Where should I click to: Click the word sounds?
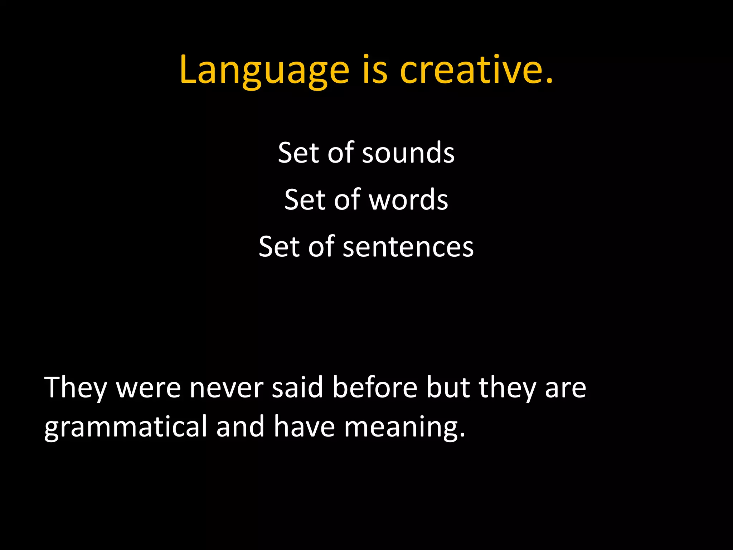pyautogui.click(x=408, y=153)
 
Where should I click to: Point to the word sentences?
pyautogui.click(x=408, y=247)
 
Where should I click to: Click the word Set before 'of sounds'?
pyautogui.click(x=298, y=153)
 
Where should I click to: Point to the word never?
pyautogui.click(x=226, y=388)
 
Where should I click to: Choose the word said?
pyautogui.click(x=297, y=387)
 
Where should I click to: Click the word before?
pyautogui.click(x=375, y=387)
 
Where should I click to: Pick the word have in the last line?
pyautogui.click(x=304, y=427)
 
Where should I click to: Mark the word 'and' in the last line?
pyautogui.click(x=240, y=427)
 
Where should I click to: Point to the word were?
pyautogui.click(x=148, y=388)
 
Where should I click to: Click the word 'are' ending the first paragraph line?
pyautogui.click(x=565, y=388)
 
